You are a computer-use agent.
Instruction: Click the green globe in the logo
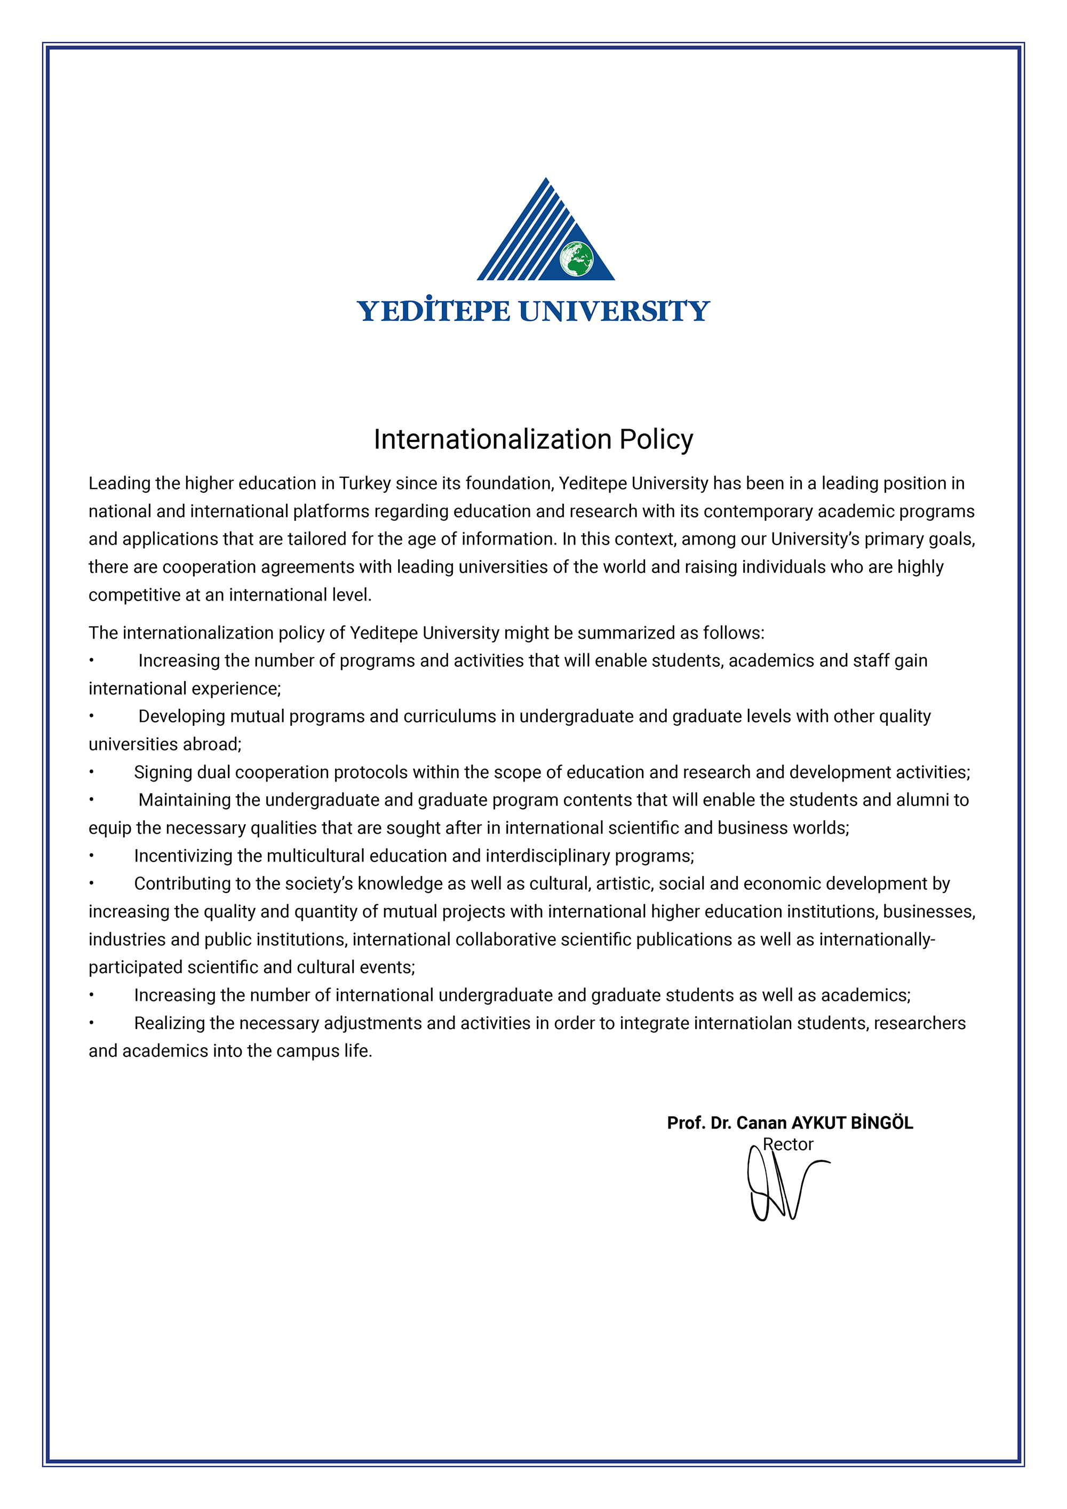point(576,259)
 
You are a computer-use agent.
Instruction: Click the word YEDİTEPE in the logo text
point(433,310)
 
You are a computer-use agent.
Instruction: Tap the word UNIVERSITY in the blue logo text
point(614,310)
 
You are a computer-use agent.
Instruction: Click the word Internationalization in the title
point(493,439)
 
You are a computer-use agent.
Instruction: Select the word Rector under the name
point(788,1144)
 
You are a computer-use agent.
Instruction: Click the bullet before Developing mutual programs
point(92,716)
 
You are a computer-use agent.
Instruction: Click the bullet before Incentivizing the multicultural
point(92,856)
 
